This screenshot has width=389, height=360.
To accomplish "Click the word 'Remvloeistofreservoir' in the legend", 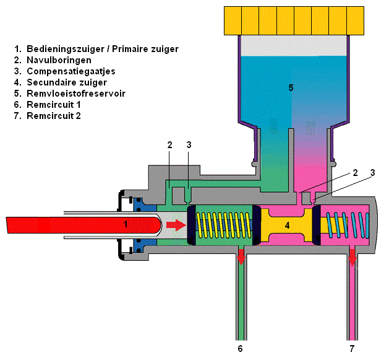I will pyautogui.click(x=79, y=94).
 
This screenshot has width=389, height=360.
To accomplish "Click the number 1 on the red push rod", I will pyautogui.click(x=126, y=224).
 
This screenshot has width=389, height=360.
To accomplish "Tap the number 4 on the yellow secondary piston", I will pyautogui.click(x=287, y=225).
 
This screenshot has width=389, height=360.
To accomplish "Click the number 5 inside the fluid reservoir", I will pyautogui.click(x=291, y=87).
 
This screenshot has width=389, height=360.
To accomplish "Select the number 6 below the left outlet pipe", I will pyautogui.click(x=241, y=348).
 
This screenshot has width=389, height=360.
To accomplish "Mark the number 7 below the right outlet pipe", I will pyautogui.click(x=353, y=348).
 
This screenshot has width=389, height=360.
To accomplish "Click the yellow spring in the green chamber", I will pyautogui.click(x=223, y=225).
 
